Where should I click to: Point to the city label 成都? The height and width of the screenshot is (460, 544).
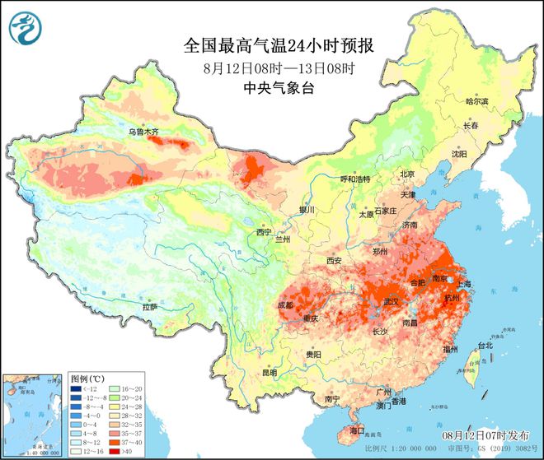click(x=285, y=304)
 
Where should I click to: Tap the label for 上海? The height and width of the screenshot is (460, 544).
click(x=462, y=284)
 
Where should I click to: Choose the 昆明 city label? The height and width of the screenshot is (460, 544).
click(x=270, y=373)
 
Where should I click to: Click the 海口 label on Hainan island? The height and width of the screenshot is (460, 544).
click(x=356, y=430)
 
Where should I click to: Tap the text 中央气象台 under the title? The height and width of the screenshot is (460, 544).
click(x=271, y=88)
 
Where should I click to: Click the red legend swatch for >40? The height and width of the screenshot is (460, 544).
click(x=116, y=451)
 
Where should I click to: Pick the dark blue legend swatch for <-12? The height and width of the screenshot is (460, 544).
click(x=76, y=389)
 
